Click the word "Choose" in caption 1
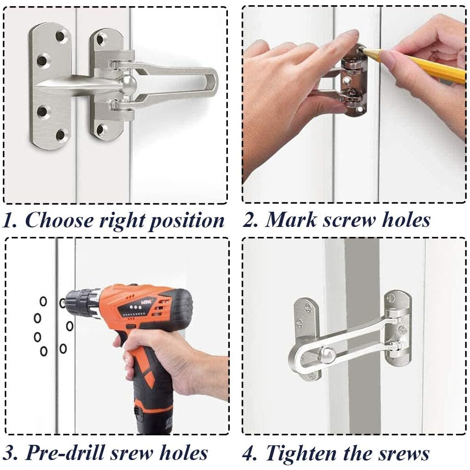60,220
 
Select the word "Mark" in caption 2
291,219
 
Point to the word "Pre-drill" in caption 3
66,452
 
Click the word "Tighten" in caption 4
302,453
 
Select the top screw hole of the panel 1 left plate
61,36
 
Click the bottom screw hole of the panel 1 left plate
61,135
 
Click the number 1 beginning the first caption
8,220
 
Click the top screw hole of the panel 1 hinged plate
101,38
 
